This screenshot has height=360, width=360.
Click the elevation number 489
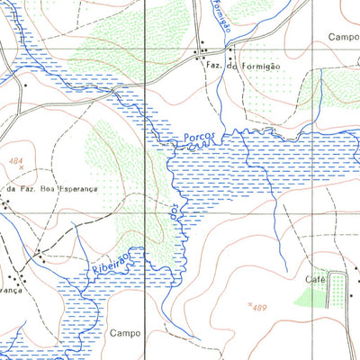[x=261, y=308]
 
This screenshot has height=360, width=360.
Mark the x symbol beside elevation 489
[x=247, y=304]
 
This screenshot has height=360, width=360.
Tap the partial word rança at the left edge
[x=11, y=292]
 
